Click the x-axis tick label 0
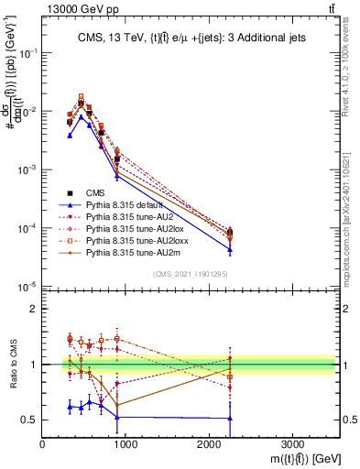click(42, 440)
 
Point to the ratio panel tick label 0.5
click(28, 420)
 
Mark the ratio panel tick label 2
click(33, 309)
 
